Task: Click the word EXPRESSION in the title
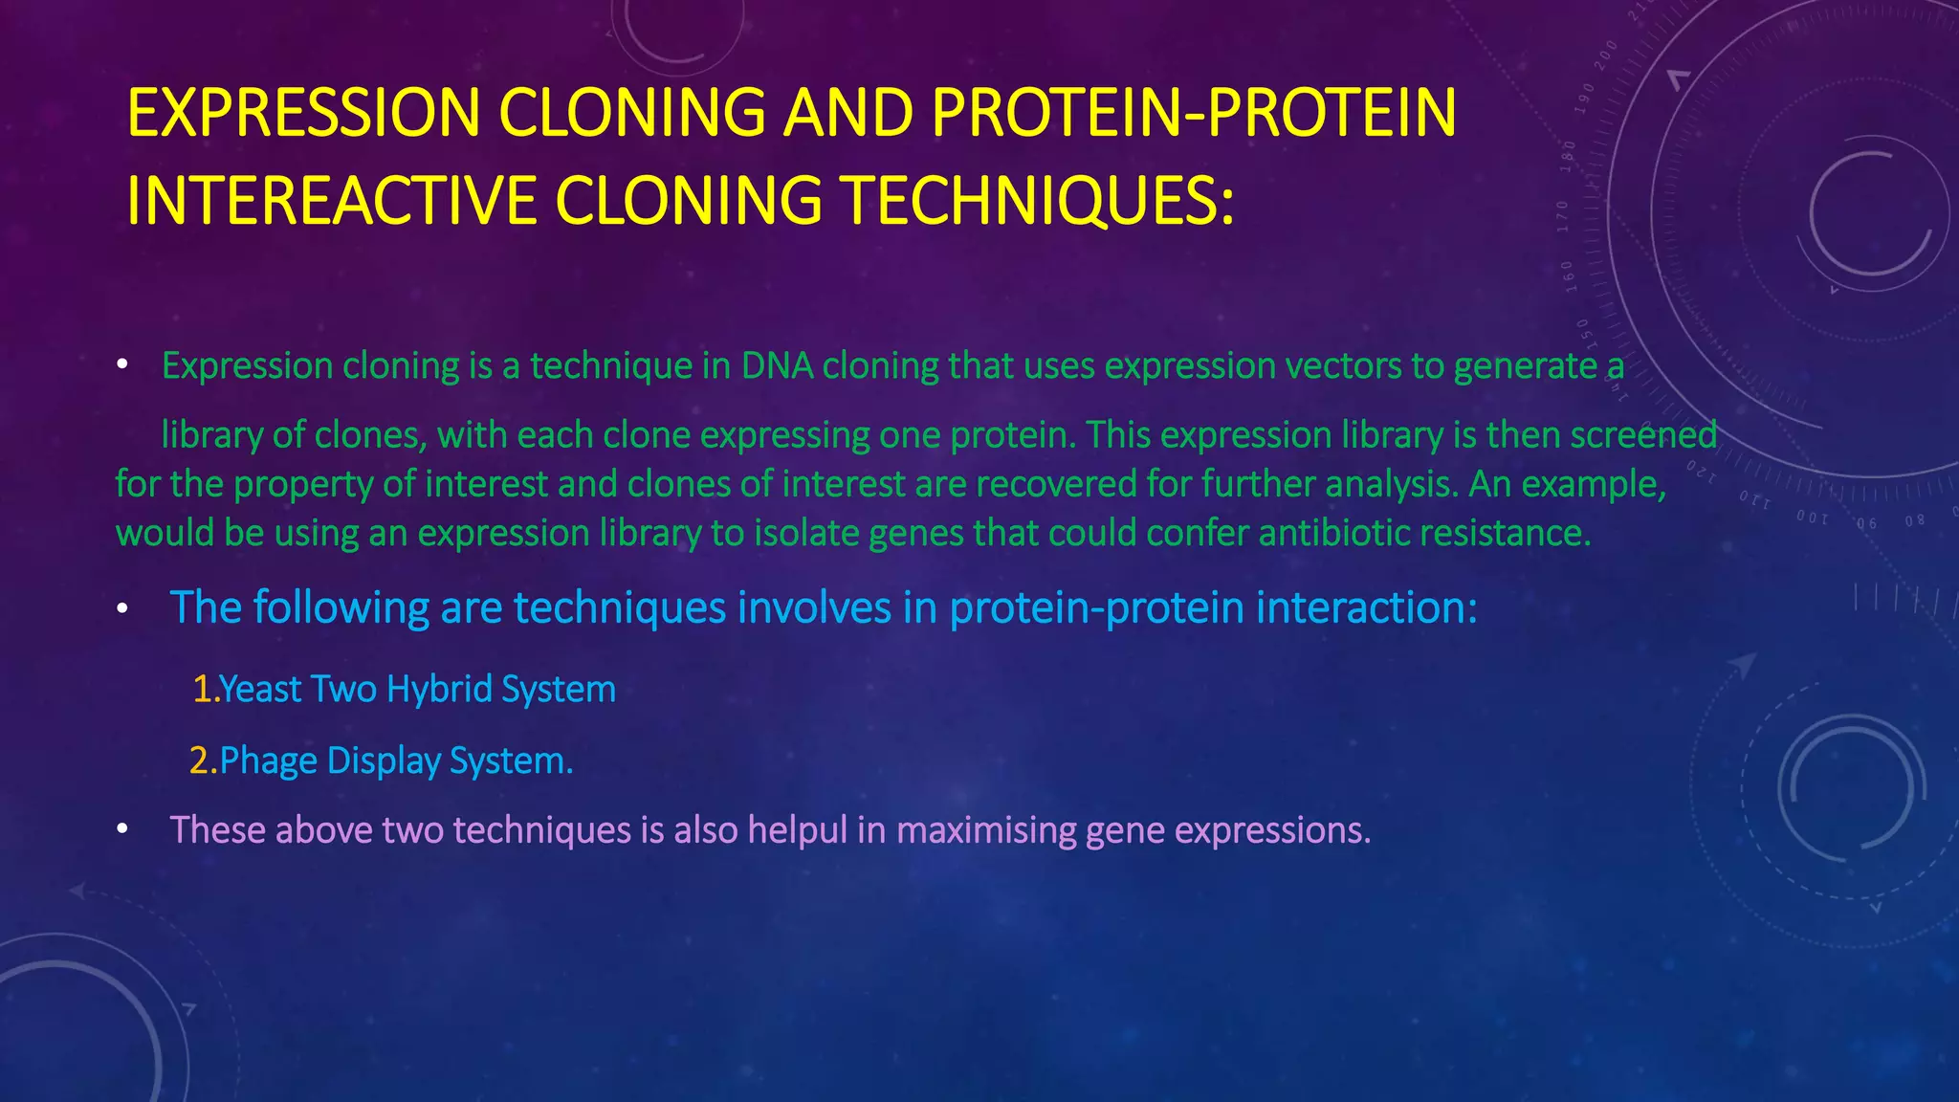pyautogui.click(x=303, y=113)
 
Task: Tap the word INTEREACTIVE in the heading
pyautogui.click(x=331, y=201)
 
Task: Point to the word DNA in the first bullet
pyautogui.click(x=777, y=366)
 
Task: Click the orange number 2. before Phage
pyautogui.click(x=203, y=761)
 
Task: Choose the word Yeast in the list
pyautogui.click(x=260, y=690)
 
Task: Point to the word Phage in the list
pyautogui.click(x=268, y=761)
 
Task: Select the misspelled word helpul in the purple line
pyautogui.click(x=797, y=830)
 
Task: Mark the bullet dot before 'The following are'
pyautogui.click(x=122, y=609)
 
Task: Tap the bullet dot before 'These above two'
pyautogui.click(x=122, y=830)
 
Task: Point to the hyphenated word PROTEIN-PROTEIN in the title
pyautogui.click(x=1193, y=113)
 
